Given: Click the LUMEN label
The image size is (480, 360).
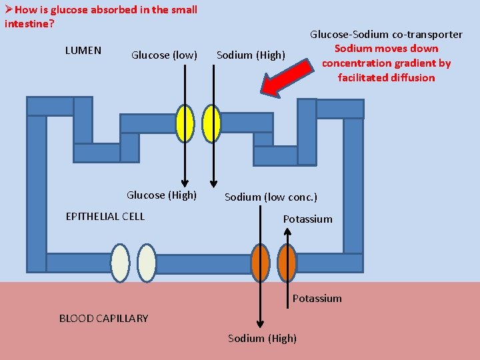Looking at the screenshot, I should click(x=83, y=50).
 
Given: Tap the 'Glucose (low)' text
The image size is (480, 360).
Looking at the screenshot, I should click(x=164, y=55).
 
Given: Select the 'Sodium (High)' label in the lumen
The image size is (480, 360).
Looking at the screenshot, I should click(x=251, y=55).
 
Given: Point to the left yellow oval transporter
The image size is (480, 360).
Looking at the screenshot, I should click(x=185, y=124).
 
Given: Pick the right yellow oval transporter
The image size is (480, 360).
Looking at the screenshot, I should click(x=211, y=124).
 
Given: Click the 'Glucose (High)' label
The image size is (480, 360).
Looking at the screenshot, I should click(x=161, y=195).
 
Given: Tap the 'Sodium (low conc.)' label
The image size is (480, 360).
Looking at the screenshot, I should click(x=271, y=197).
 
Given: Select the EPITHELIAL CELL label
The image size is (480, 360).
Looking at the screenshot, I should click(x=105, y=216).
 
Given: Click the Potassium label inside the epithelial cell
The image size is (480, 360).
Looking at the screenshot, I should click(x=307, y=219).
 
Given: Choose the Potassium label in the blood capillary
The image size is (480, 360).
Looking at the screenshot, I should click(x=317, y=298).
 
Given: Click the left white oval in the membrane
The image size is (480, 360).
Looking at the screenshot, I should click(x=120, y=263).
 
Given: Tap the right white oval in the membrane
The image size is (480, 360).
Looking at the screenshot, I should click(x=147, y=263).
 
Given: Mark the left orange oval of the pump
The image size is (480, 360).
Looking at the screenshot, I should click(x=261, y=263).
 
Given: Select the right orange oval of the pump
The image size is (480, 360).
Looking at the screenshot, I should click(x=287, y=263).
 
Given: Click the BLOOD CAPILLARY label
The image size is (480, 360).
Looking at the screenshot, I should click(x=104, y=318).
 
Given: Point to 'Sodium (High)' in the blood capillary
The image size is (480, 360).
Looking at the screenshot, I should click(x=262, y=338).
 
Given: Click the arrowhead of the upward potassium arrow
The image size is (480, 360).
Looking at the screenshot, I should click(x=287, y=231).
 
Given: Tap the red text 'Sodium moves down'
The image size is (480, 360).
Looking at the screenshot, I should click(x=386, y=48).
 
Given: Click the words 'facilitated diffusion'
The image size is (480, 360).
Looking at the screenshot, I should click(x=386, y=77).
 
